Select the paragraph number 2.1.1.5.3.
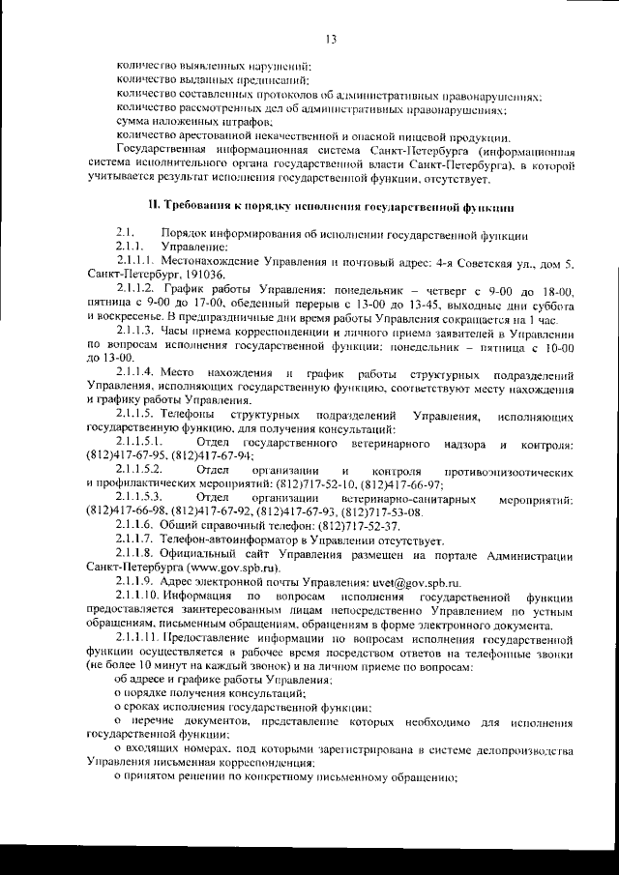click(140, 497)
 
